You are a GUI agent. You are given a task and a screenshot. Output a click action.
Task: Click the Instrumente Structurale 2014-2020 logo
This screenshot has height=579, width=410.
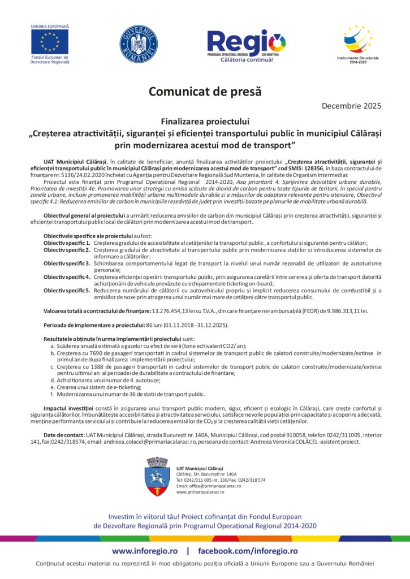[x=359, y=39]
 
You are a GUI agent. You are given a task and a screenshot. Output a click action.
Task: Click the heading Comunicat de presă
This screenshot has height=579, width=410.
[x=205, y=90]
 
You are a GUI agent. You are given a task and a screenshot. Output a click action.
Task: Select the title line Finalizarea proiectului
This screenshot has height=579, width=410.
[x=205, y=121]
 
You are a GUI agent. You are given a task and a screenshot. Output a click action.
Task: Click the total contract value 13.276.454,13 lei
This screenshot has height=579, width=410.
[x=178, y=311]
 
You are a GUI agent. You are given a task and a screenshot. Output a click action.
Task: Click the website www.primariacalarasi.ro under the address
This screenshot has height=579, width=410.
[x=200, y=492]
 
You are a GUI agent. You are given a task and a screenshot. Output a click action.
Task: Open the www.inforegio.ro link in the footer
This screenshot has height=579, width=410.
[x=145, y=551]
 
